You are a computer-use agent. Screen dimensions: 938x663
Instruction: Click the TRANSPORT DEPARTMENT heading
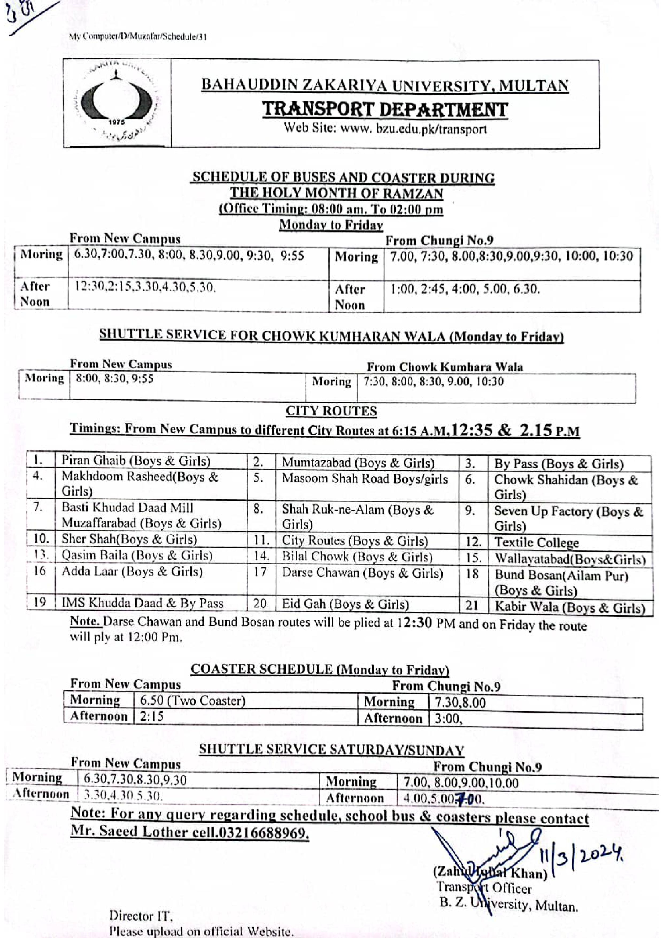385,110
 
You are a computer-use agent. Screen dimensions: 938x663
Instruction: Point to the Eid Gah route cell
345,604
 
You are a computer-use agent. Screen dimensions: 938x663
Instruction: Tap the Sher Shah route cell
129,539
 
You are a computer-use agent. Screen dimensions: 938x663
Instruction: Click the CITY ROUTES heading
331,411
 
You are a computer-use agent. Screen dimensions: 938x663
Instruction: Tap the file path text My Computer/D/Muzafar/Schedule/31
138,37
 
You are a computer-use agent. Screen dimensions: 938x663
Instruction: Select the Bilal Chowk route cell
357,557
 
